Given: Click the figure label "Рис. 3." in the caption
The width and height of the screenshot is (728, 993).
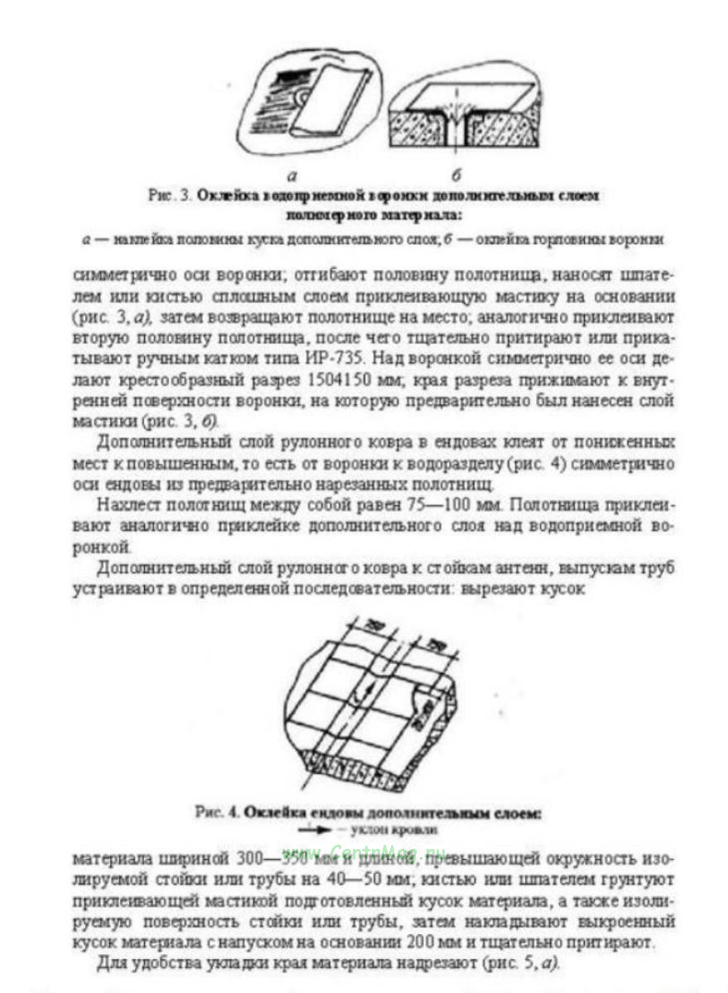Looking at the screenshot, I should (x=170, y=197).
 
